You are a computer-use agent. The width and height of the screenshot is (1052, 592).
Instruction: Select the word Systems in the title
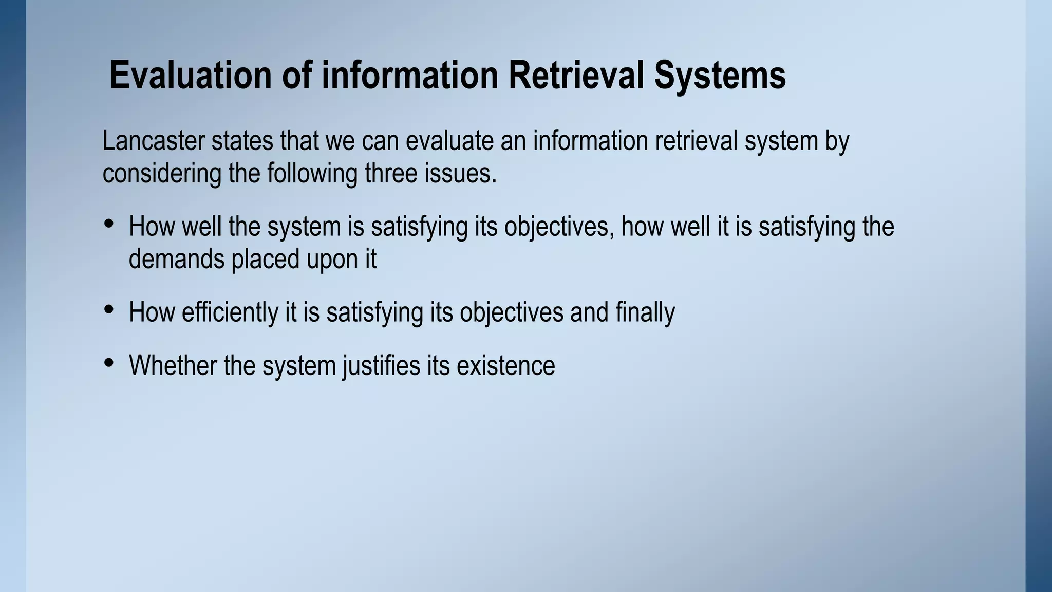pyautogui.click(x=720, y=75)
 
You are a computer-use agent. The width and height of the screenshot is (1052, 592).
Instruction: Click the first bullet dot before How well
pyautogui.click(x=108, y=224)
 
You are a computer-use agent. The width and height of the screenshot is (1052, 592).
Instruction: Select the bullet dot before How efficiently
pyautogui.click(x=108, y=309)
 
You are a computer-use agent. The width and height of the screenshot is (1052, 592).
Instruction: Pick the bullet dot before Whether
pyautogui.click(x=108, y=363)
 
